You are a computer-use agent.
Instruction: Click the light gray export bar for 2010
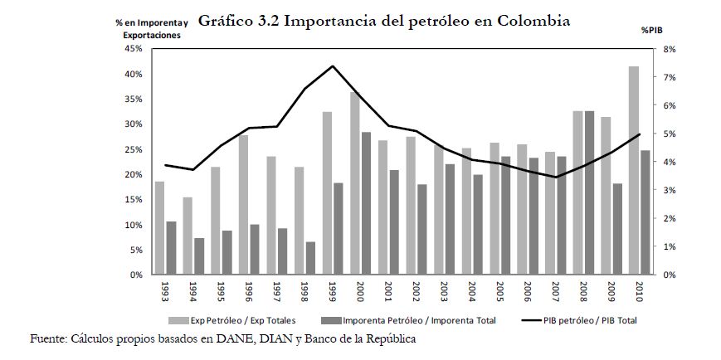tap(633, 170)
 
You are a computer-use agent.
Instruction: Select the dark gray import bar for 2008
tap(589, 192)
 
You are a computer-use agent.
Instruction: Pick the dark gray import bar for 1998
tap(310, 258)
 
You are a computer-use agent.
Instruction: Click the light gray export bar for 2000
tap(354, 183)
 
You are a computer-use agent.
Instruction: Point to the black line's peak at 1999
tap(333, 66)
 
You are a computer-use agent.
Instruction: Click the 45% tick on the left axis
tap(133, 49)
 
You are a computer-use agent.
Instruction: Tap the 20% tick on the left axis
tap(133, 174)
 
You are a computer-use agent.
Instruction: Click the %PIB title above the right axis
tap(651, 30)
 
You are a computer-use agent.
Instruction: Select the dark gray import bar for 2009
tap(617, 229)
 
